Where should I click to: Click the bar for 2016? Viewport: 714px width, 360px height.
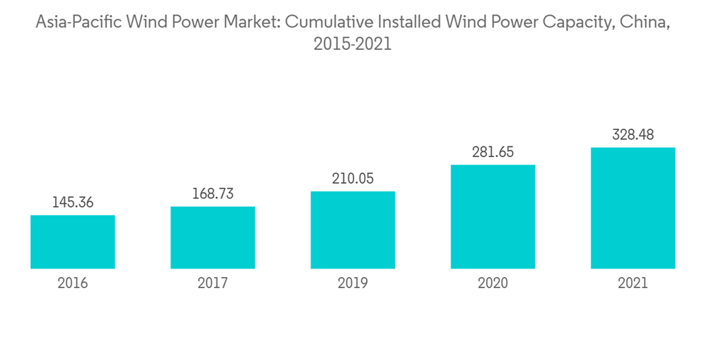(73, 241)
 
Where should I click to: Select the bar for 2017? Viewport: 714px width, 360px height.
(213, 237)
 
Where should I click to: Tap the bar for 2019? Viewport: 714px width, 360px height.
(353, 229)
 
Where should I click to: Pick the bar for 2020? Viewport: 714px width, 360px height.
(493, 216)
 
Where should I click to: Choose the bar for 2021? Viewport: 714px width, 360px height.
(633, 208)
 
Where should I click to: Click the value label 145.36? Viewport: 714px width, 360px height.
(73, 203)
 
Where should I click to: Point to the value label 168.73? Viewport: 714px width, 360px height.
(213, 194)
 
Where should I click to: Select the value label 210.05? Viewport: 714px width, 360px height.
(353, 179)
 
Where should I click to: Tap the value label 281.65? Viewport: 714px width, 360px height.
(493, 152)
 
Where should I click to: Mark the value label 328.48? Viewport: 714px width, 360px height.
(633, 135)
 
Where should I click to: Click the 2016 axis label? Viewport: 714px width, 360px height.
(73, 284)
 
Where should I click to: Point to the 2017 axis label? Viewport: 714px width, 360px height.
(213, 284)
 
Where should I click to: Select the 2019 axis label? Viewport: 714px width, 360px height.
(353, 284)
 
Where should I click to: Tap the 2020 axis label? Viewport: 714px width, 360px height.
(493, 284)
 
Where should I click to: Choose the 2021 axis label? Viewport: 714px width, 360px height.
(633, 284)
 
